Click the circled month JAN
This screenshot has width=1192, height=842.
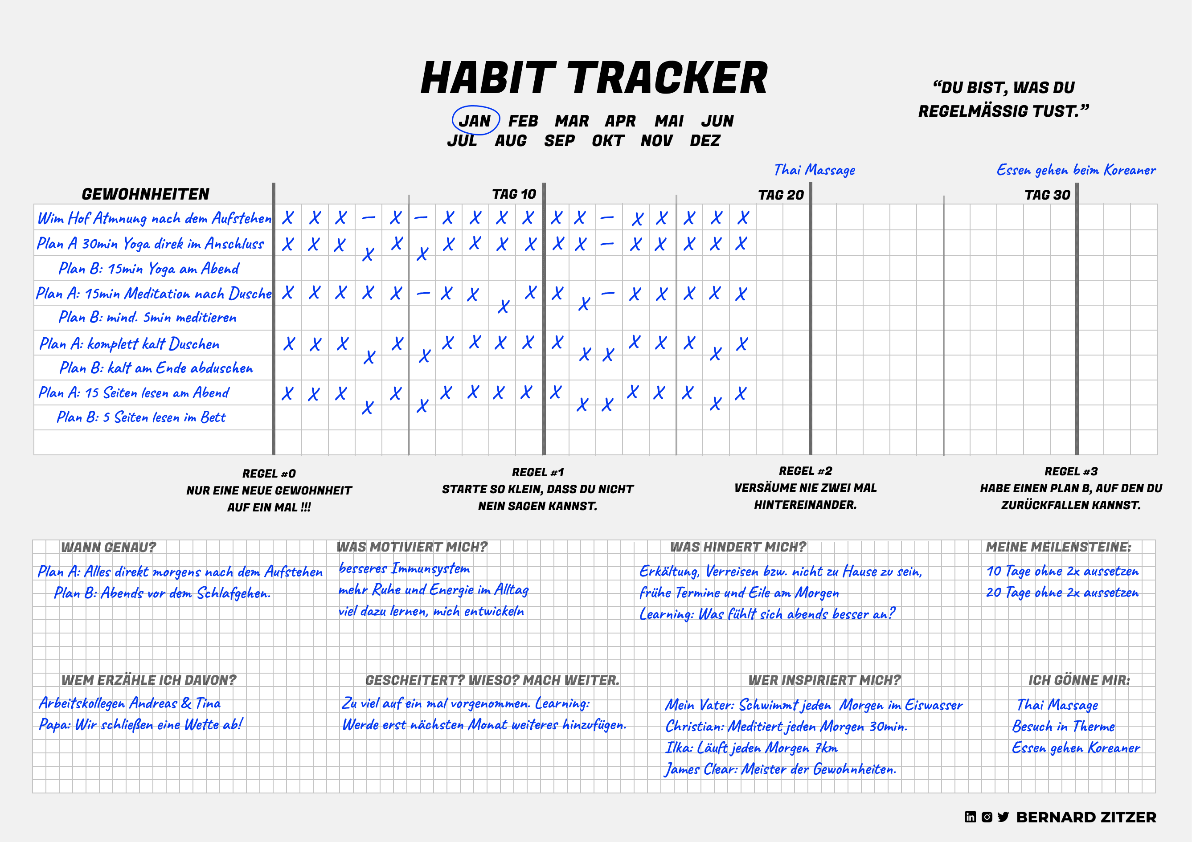click(475, 120)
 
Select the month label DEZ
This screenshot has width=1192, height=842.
click(705, 141)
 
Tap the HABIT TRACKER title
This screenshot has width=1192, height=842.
click(594, 78)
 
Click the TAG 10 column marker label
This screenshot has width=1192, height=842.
click(514, 194)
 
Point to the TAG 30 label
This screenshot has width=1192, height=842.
click(1047, 195)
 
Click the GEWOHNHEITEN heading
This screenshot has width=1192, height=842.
click(145, 194)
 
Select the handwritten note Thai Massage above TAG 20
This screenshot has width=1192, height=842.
click(815, 170)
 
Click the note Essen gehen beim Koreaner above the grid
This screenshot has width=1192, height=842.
click(1076, 170)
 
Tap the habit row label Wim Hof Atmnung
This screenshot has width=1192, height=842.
click(154, 218)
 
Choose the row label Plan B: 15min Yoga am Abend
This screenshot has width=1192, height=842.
click(149, 268)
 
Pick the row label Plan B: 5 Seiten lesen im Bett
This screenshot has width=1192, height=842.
click(141, 417)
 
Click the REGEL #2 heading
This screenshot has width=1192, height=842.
click(805, 471)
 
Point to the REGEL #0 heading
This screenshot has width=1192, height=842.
click(269, 474)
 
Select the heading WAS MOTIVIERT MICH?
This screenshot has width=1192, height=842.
click(412, 547)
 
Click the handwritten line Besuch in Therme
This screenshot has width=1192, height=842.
click(1063, 726)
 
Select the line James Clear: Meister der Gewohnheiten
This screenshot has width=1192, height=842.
click(780, 769)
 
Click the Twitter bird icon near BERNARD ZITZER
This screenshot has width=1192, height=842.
click(1003, 817)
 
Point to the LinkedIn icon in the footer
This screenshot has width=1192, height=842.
click(971, 817)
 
